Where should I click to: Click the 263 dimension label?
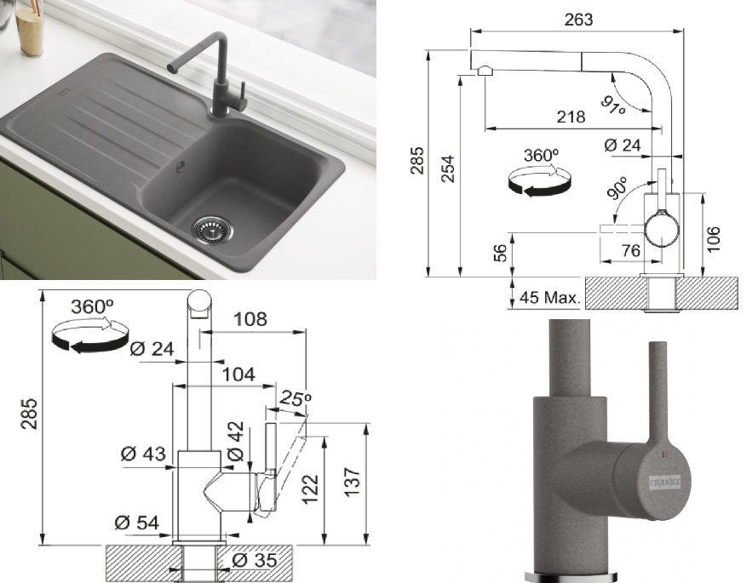click(578, 20)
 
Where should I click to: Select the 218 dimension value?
click(571, 117)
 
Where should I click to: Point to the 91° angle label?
click(613, 105)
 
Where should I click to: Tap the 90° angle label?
click(617, 187)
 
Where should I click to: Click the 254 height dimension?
click(447, 169)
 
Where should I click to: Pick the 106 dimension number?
click(713, 238)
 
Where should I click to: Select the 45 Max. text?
click(549, 297)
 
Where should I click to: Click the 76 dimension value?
click(630, 250)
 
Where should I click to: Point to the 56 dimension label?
click(500, 253)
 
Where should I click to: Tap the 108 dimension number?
click(250, 319)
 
